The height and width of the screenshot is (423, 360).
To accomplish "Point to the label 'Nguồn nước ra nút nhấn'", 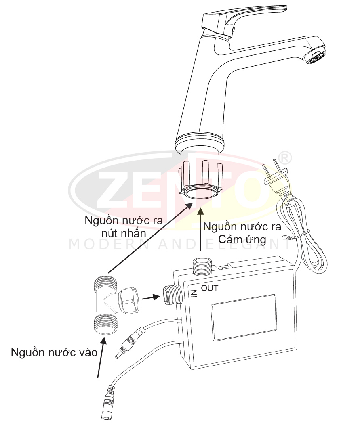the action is point(124,227).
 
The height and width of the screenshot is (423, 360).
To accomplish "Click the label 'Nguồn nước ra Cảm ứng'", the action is point(242,233).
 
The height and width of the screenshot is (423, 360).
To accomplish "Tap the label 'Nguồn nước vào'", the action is point(54,352).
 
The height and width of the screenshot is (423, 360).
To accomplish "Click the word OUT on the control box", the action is point(210,288).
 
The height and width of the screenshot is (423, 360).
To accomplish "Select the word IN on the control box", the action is point(194,293).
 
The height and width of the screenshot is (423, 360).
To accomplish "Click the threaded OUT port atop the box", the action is point(202,266).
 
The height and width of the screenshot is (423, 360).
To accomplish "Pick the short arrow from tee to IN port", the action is point(151,297).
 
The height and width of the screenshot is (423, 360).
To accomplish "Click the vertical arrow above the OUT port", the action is point(200,230).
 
